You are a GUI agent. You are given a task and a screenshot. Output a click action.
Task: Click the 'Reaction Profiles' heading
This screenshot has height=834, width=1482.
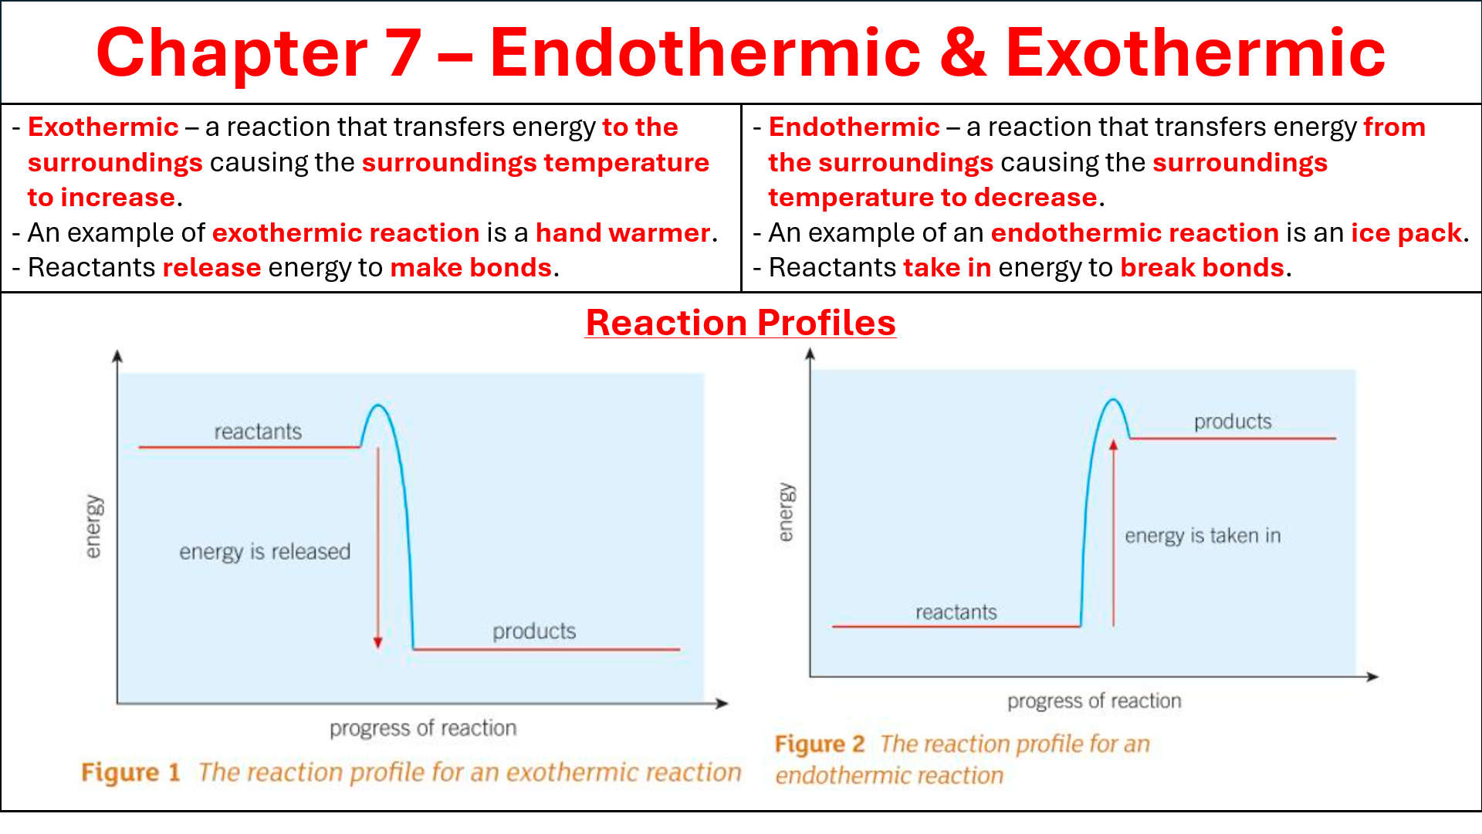point(741,323)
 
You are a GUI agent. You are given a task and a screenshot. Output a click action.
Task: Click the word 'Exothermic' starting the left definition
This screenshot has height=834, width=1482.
point(103,127)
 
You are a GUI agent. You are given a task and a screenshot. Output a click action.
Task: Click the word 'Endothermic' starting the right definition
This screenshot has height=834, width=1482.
point(854,127)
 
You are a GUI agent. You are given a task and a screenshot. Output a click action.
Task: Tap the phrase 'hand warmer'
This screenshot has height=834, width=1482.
point(623,232)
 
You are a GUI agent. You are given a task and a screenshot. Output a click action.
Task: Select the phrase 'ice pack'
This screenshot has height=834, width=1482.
point(1406,232)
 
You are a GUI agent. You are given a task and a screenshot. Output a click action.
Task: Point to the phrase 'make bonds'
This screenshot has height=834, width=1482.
point(471,267)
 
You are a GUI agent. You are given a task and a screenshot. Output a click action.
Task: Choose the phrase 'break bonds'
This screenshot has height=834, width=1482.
point(1202,267)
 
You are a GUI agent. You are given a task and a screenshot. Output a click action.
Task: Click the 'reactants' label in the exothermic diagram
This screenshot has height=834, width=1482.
point(258,432)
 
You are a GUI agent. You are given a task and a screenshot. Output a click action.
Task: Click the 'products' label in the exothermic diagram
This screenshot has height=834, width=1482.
point(534,632)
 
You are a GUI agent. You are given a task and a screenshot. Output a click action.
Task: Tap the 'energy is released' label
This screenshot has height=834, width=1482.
point(265,551)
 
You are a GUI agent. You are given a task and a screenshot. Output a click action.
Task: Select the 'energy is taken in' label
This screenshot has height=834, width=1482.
point(1203,536)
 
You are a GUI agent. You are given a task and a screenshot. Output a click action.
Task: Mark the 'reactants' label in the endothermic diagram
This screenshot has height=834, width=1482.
point(956,612)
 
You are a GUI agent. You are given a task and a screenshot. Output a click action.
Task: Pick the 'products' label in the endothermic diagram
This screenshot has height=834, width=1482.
point(1233,422)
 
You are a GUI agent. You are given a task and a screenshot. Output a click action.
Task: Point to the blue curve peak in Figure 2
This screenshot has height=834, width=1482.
point(1113,400)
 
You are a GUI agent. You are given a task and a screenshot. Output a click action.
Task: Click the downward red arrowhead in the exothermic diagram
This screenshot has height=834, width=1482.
point(378,642)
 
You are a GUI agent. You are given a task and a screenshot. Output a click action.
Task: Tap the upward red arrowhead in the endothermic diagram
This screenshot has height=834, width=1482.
point(1113,446)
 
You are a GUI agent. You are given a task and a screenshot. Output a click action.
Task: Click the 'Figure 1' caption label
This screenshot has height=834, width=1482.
point(130,772)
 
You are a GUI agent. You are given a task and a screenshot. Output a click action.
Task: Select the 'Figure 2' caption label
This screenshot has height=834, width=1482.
point(820,744)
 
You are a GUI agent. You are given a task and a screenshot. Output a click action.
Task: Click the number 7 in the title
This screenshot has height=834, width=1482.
point(404,53)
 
